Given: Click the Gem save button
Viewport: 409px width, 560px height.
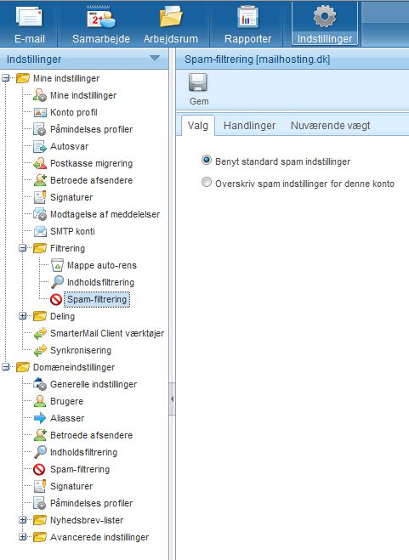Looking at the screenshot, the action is (x=198, y=89).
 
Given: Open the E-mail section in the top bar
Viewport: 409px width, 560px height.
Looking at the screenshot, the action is (x=29, y=24).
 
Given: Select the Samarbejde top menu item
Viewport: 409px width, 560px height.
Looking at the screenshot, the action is (x=101, y=24).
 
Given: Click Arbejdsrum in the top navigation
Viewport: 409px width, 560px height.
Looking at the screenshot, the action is (x=171, y=24).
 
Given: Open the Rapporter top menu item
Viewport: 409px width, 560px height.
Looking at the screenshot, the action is (x=247, y=24).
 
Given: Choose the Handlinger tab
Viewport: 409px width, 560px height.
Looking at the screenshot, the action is (x=249, y=126).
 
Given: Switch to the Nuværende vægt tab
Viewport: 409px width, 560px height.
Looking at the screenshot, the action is (x=330, y=126).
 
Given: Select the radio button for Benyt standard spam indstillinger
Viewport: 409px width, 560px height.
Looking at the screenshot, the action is (x=207, y=160).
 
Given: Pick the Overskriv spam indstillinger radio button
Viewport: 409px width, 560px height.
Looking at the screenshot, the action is (x=207, y=182).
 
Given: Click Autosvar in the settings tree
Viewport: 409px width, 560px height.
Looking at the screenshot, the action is (x=69, y=146).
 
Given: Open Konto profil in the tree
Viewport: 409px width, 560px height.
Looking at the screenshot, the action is (x=74, y=112).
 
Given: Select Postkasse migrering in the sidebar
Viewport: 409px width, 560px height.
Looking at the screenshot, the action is (x=91, y=163).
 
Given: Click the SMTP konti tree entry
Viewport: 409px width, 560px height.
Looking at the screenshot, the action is (x=72, y=231).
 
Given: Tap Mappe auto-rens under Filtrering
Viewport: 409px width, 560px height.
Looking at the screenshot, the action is (x=102, y=265).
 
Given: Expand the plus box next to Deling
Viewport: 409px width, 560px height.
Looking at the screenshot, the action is (x=22, y=316).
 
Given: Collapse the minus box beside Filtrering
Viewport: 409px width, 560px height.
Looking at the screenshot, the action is (x=22, y=248).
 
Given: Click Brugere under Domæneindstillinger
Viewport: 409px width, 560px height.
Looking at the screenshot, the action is (x=66, y=401).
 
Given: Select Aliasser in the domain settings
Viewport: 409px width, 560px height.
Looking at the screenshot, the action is (x=67, y=418).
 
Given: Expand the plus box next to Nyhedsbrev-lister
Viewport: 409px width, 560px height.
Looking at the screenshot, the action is (x=22, y=520).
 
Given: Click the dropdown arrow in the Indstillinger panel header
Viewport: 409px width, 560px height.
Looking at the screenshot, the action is (x=155, y=58).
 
